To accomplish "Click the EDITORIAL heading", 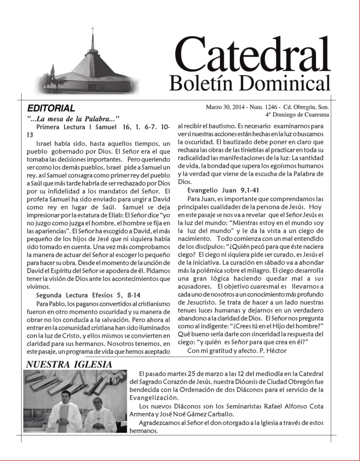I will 51,109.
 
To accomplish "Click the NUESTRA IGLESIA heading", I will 69,364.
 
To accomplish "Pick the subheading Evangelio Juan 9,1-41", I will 222,191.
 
